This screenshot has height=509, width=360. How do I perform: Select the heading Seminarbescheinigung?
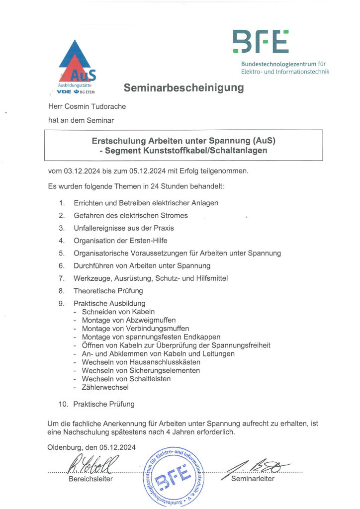point(183,88)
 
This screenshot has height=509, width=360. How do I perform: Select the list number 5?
point(62,253)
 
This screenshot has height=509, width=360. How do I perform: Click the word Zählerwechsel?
point(105,387)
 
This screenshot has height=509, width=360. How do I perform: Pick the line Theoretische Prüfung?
point(108,290)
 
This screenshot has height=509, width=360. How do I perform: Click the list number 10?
point(63,404)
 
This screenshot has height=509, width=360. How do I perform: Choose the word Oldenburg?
point(67,447)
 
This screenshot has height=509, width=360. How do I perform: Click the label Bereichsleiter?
point(90,479)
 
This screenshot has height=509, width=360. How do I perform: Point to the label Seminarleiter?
point(253,479)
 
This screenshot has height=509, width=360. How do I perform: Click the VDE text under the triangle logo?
point(64,92)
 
